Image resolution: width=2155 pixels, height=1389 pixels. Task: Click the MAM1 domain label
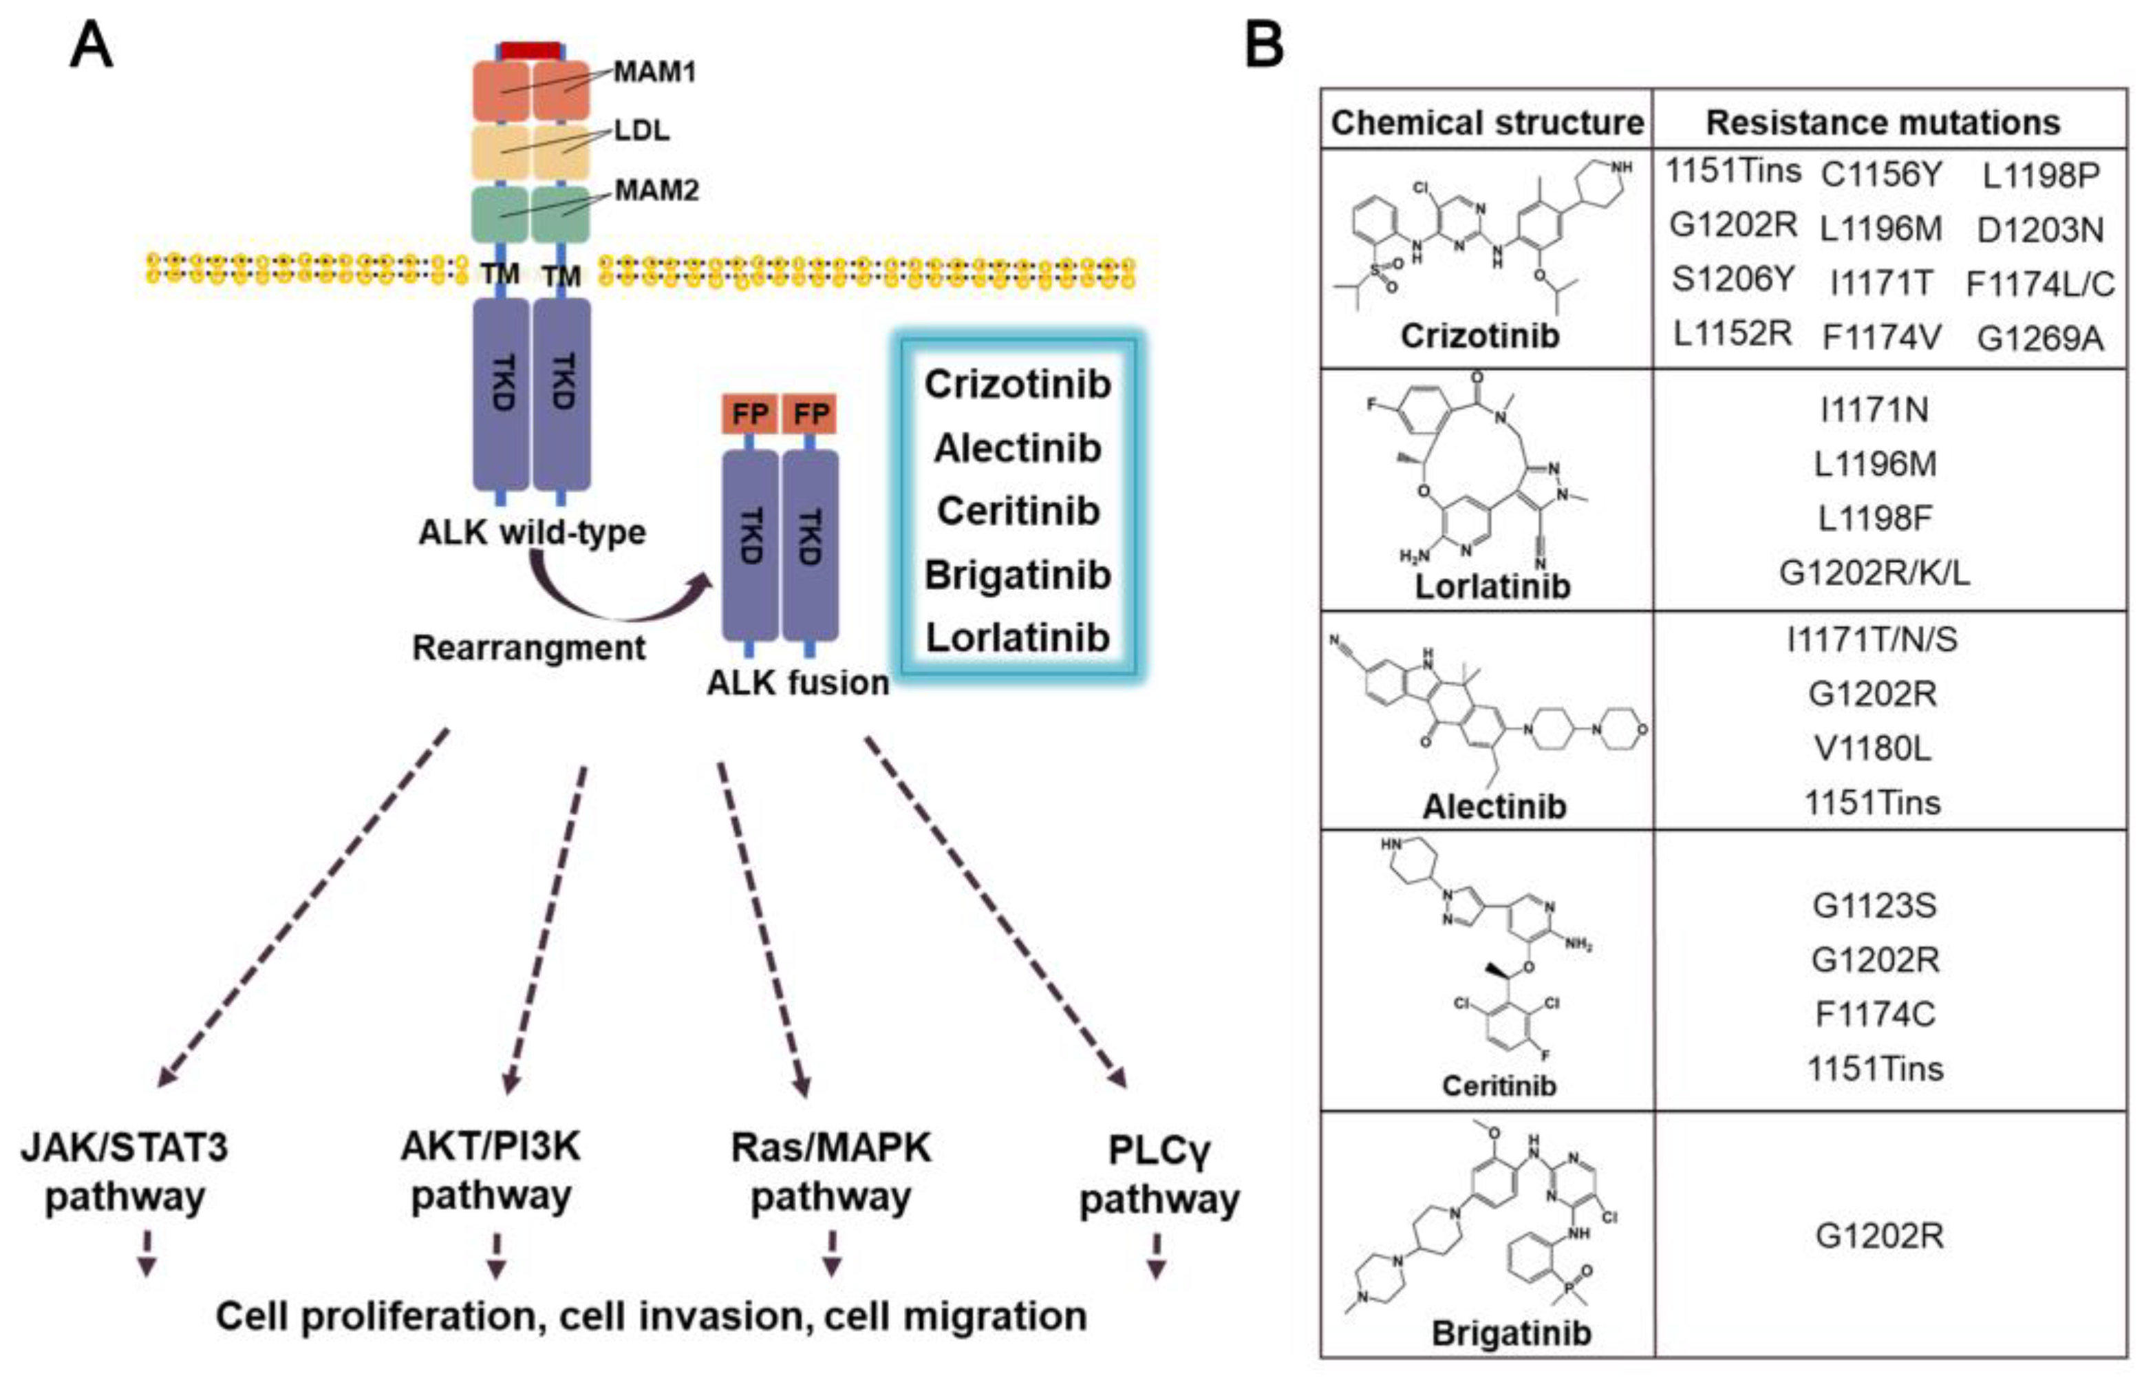(654, 72)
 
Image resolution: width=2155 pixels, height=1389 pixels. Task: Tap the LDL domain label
(642, 131)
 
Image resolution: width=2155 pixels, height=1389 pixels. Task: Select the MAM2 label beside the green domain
(656, 190)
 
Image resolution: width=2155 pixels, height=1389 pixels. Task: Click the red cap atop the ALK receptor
(531, 50)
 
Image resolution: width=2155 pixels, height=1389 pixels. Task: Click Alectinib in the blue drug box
(1017, 448)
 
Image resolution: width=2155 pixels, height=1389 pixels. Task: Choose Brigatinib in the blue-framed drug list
(1017, 575)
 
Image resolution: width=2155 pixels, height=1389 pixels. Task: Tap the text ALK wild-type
(532, 532)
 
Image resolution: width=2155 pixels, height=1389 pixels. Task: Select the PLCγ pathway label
(1159, 1174)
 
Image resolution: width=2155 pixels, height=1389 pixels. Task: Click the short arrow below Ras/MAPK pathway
(831, 1253)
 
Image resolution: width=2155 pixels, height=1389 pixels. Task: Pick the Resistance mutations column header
(1883, 123)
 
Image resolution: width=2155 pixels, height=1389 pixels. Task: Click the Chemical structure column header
(1487, 123)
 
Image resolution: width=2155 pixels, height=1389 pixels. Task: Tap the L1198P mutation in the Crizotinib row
(2041, 175)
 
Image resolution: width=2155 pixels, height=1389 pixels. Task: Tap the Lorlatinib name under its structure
(1492, 586)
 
